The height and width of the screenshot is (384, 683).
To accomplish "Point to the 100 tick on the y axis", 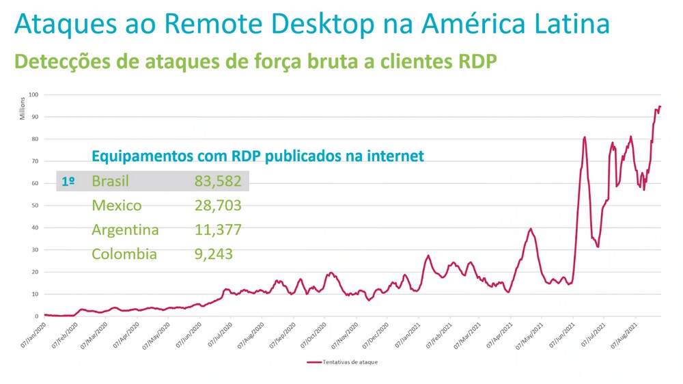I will pyautogui.click(x=33, y=94).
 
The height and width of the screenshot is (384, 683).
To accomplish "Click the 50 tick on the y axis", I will pyautogui.click(x=34, y=206).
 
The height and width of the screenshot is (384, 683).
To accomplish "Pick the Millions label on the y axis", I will pyautogui.click(x=22, y=108).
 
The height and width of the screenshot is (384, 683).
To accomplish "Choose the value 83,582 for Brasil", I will pyautogui.click(x=218, y=182).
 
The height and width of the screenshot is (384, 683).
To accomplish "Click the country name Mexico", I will pyautogui.click(x=117, y=206).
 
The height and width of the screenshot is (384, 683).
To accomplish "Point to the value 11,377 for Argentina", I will pyautogui.click(x=218, y=230).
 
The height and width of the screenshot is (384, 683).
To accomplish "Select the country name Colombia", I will pyautogui.click(x=124, y=254).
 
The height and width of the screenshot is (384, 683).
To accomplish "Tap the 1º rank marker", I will pyautogui.click(x=68, y=182).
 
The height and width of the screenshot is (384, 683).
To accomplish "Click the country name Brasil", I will pyautogui.click(x=110, y=182).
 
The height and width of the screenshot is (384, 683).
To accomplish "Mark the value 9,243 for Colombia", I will pyautogui.click(x=214, y=254).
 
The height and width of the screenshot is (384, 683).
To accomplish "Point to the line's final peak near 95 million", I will pyautogui.click(x=660, y=107).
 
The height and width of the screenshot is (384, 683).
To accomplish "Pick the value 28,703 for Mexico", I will pyautogui.click(x=218, y=206).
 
